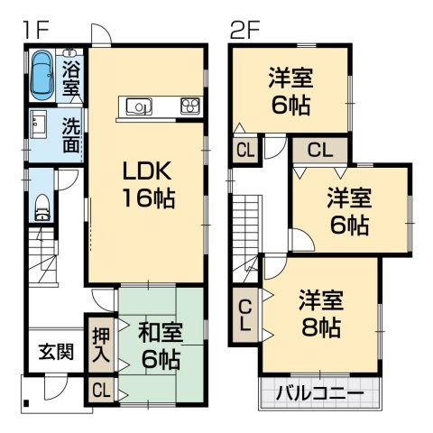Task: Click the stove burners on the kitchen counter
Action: [190, 106]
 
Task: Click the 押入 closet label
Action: [101, 343]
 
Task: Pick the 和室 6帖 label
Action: [160, 345]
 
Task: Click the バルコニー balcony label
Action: [320, 394]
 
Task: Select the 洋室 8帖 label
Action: [320, 314]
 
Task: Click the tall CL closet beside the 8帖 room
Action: [244, 318]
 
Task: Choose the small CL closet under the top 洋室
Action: [244, 150]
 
